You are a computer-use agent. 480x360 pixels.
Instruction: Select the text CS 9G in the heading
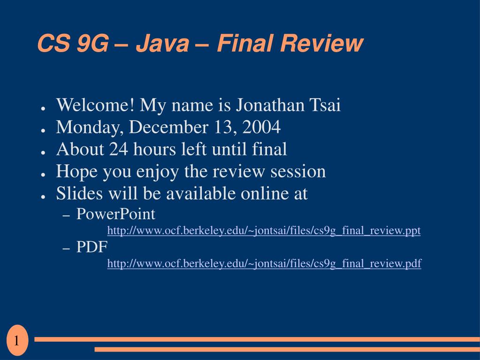coord(72,44)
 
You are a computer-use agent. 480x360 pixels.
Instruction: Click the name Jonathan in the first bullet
coord(269,105)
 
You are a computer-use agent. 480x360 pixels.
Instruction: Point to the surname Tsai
coord(324,105)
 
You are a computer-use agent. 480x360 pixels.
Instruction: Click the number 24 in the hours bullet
coord(119,149)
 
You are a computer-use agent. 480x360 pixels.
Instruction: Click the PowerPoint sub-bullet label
coord(116,214)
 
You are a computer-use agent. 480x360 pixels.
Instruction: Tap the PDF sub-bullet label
coord(92,247)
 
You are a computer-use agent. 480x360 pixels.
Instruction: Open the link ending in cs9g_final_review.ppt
coord(264,231)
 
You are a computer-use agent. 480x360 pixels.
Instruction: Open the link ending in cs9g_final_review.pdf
coord(264,264)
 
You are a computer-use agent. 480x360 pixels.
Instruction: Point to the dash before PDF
coord(66,248)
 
